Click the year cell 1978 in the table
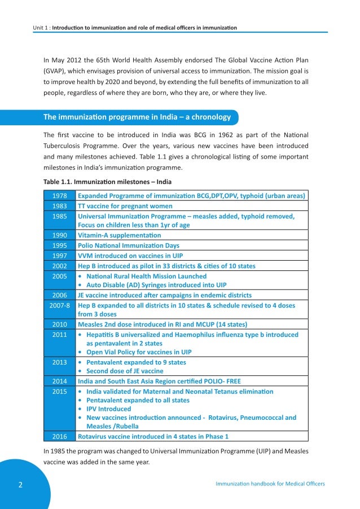(x=59, y=196)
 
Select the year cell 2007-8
(x=59, y=305)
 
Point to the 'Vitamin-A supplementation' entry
(x=119, y=235)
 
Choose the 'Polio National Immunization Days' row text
(x=128, y=245)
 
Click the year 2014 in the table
(x=59, y=381)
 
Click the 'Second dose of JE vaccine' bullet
(x=125, y=371)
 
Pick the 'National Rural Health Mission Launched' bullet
(x=146, y=276)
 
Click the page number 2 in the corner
(x=20, y=484)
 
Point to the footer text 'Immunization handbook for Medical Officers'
(x=270, y=484)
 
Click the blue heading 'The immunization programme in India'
(x=137, y=117)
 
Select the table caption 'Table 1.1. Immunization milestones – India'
(x=108, y=182)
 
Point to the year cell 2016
(x=59, y=436)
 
